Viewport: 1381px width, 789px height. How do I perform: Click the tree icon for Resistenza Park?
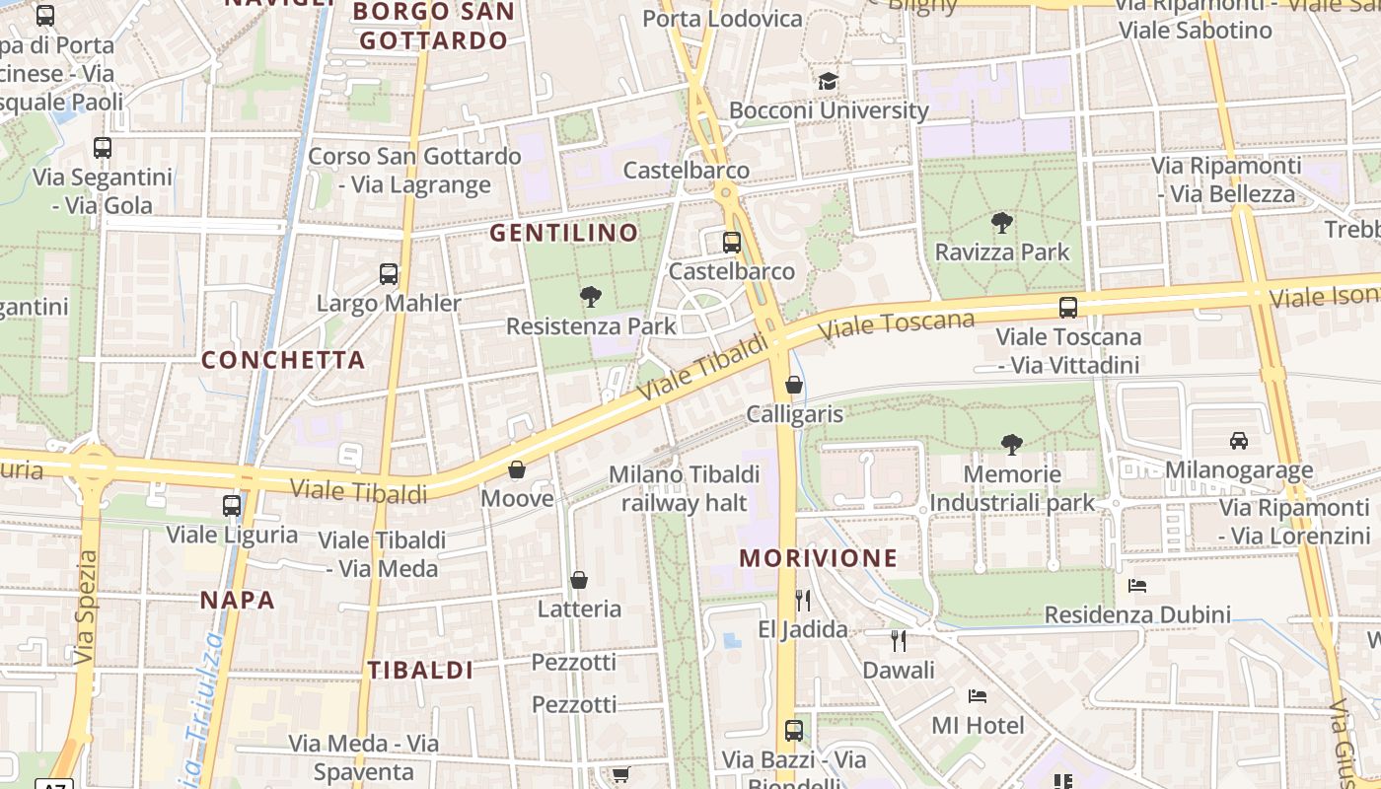591,296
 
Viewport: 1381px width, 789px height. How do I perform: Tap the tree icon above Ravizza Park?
1002,223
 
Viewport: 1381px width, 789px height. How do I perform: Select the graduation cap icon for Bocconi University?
828,81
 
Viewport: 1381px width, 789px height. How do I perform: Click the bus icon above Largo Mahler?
389,273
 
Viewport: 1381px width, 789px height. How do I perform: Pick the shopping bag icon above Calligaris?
794,385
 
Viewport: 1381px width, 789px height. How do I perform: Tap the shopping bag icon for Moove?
517,469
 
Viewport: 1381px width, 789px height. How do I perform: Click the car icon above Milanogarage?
1239,440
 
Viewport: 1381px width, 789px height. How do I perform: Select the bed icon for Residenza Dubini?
1137,586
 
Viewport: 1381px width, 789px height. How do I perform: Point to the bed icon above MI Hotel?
978,696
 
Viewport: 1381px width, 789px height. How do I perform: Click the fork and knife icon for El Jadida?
803,600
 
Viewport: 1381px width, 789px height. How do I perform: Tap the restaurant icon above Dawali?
898,641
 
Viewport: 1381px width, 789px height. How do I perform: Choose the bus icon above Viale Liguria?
232,505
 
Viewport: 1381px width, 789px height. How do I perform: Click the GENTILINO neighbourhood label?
565,233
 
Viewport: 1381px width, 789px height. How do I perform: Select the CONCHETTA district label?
283,360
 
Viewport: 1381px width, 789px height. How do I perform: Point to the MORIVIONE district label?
819,558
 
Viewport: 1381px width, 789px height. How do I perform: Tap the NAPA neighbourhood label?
237,600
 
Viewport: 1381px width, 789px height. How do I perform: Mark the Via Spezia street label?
86,607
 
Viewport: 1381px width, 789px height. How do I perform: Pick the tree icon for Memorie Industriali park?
1011,445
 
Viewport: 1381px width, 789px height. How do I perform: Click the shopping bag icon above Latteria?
579,580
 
